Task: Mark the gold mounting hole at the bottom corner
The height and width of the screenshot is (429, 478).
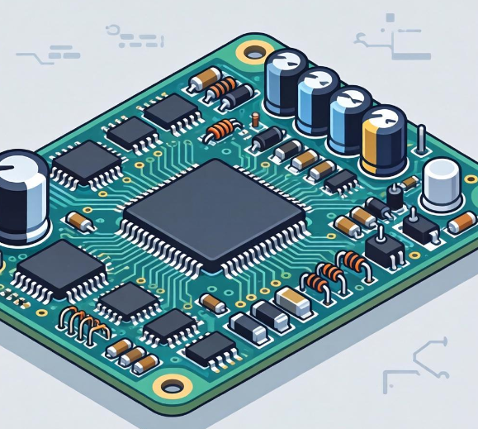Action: tap(172, 385)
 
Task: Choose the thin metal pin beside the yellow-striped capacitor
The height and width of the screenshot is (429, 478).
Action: tap(421, 141)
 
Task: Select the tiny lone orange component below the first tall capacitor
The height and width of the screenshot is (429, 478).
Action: tap(257, 122)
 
